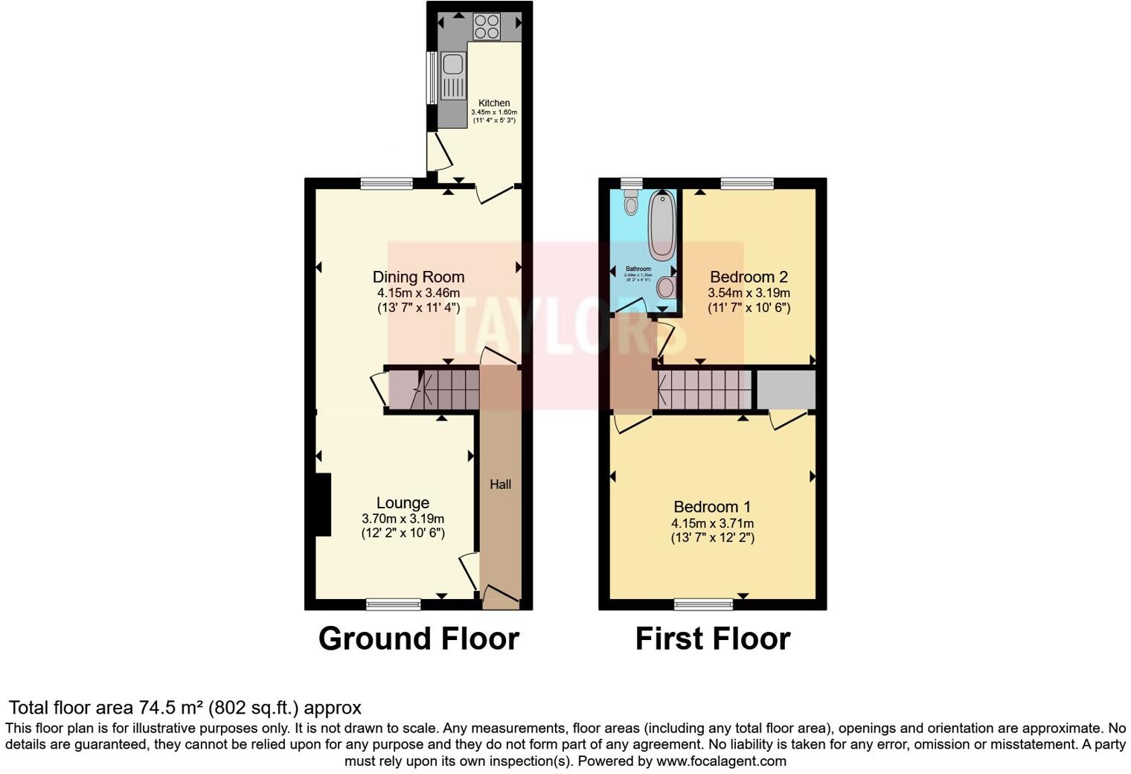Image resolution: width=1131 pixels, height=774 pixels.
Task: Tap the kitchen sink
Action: [x=452, y=76]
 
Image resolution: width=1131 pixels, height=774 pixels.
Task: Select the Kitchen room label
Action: [x=494, y=103]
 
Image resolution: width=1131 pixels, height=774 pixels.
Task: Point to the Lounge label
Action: [x=403, y=503]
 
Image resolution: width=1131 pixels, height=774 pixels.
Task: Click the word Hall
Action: [x=500, y=484]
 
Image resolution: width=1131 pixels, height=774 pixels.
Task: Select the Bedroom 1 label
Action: [x=712, y=507]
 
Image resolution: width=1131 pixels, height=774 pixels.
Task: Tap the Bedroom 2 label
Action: [x=749, y=277]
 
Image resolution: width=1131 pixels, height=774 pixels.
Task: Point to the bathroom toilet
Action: [x=632, y=202]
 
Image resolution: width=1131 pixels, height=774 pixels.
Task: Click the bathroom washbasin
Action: [x=667, y=287]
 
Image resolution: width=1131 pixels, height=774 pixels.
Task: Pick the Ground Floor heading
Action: [x=418, y=639]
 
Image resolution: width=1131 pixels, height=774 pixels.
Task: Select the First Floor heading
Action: [x=712, y=639]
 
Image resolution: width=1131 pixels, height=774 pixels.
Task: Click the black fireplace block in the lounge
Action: [x=323, y=505]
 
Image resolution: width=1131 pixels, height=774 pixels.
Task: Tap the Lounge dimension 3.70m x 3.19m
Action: [x=403, y=519]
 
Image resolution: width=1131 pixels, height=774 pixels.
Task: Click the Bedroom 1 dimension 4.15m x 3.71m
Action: [x=712, y=523]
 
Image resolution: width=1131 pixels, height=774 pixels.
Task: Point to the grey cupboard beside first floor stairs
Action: [x=786, y=389]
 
